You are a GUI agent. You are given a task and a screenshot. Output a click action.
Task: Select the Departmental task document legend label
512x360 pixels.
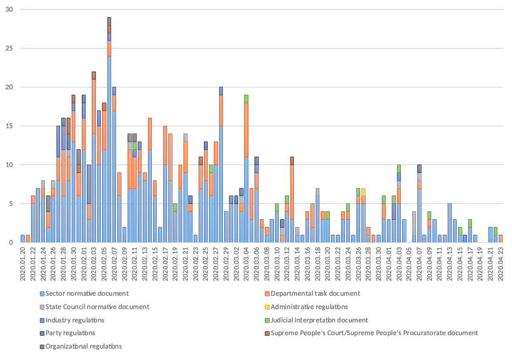click(315, 294)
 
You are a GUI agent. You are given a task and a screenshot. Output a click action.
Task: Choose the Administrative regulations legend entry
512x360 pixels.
click(309, 307)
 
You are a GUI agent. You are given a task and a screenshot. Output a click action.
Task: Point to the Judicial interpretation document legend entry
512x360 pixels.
click(319, 320)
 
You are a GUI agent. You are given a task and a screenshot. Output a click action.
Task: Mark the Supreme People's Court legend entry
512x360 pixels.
click(374, 333)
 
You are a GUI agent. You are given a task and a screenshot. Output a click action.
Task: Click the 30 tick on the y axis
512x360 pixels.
click(9, 10)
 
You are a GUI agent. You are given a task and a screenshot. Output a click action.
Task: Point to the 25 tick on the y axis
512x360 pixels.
click(9, 49)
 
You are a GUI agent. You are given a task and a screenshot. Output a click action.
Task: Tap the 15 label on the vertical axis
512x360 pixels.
click(9, 126)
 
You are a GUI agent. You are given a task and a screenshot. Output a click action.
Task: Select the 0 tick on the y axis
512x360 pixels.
click(10, 242)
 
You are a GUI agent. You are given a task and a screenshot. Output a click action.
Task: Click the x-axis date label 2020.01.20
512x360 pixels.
click(23, 261)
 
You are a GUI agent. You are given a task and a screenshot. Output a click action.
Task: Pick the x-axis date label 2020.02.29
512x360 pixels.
click(226, 261)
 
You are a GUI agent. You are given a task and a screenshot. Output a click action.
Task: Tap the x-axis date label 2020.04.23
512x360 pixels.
click(500, 261)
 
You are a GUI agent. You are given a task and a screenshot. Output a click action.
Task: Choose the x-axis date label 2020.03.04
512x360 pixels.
click(246, 261)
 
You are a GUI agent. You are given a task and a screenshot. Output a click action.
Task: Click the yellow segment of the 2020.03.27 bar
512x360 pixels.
click(363, 192)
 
